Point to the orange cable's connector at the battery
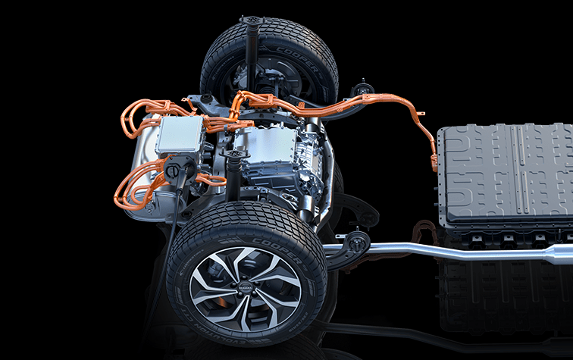(434, 161)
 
